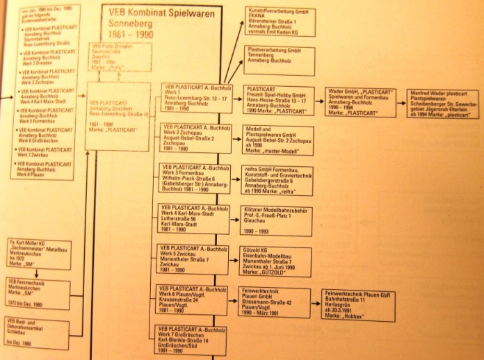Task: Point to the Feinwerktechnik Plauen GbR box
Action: (x=354, y=303)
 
